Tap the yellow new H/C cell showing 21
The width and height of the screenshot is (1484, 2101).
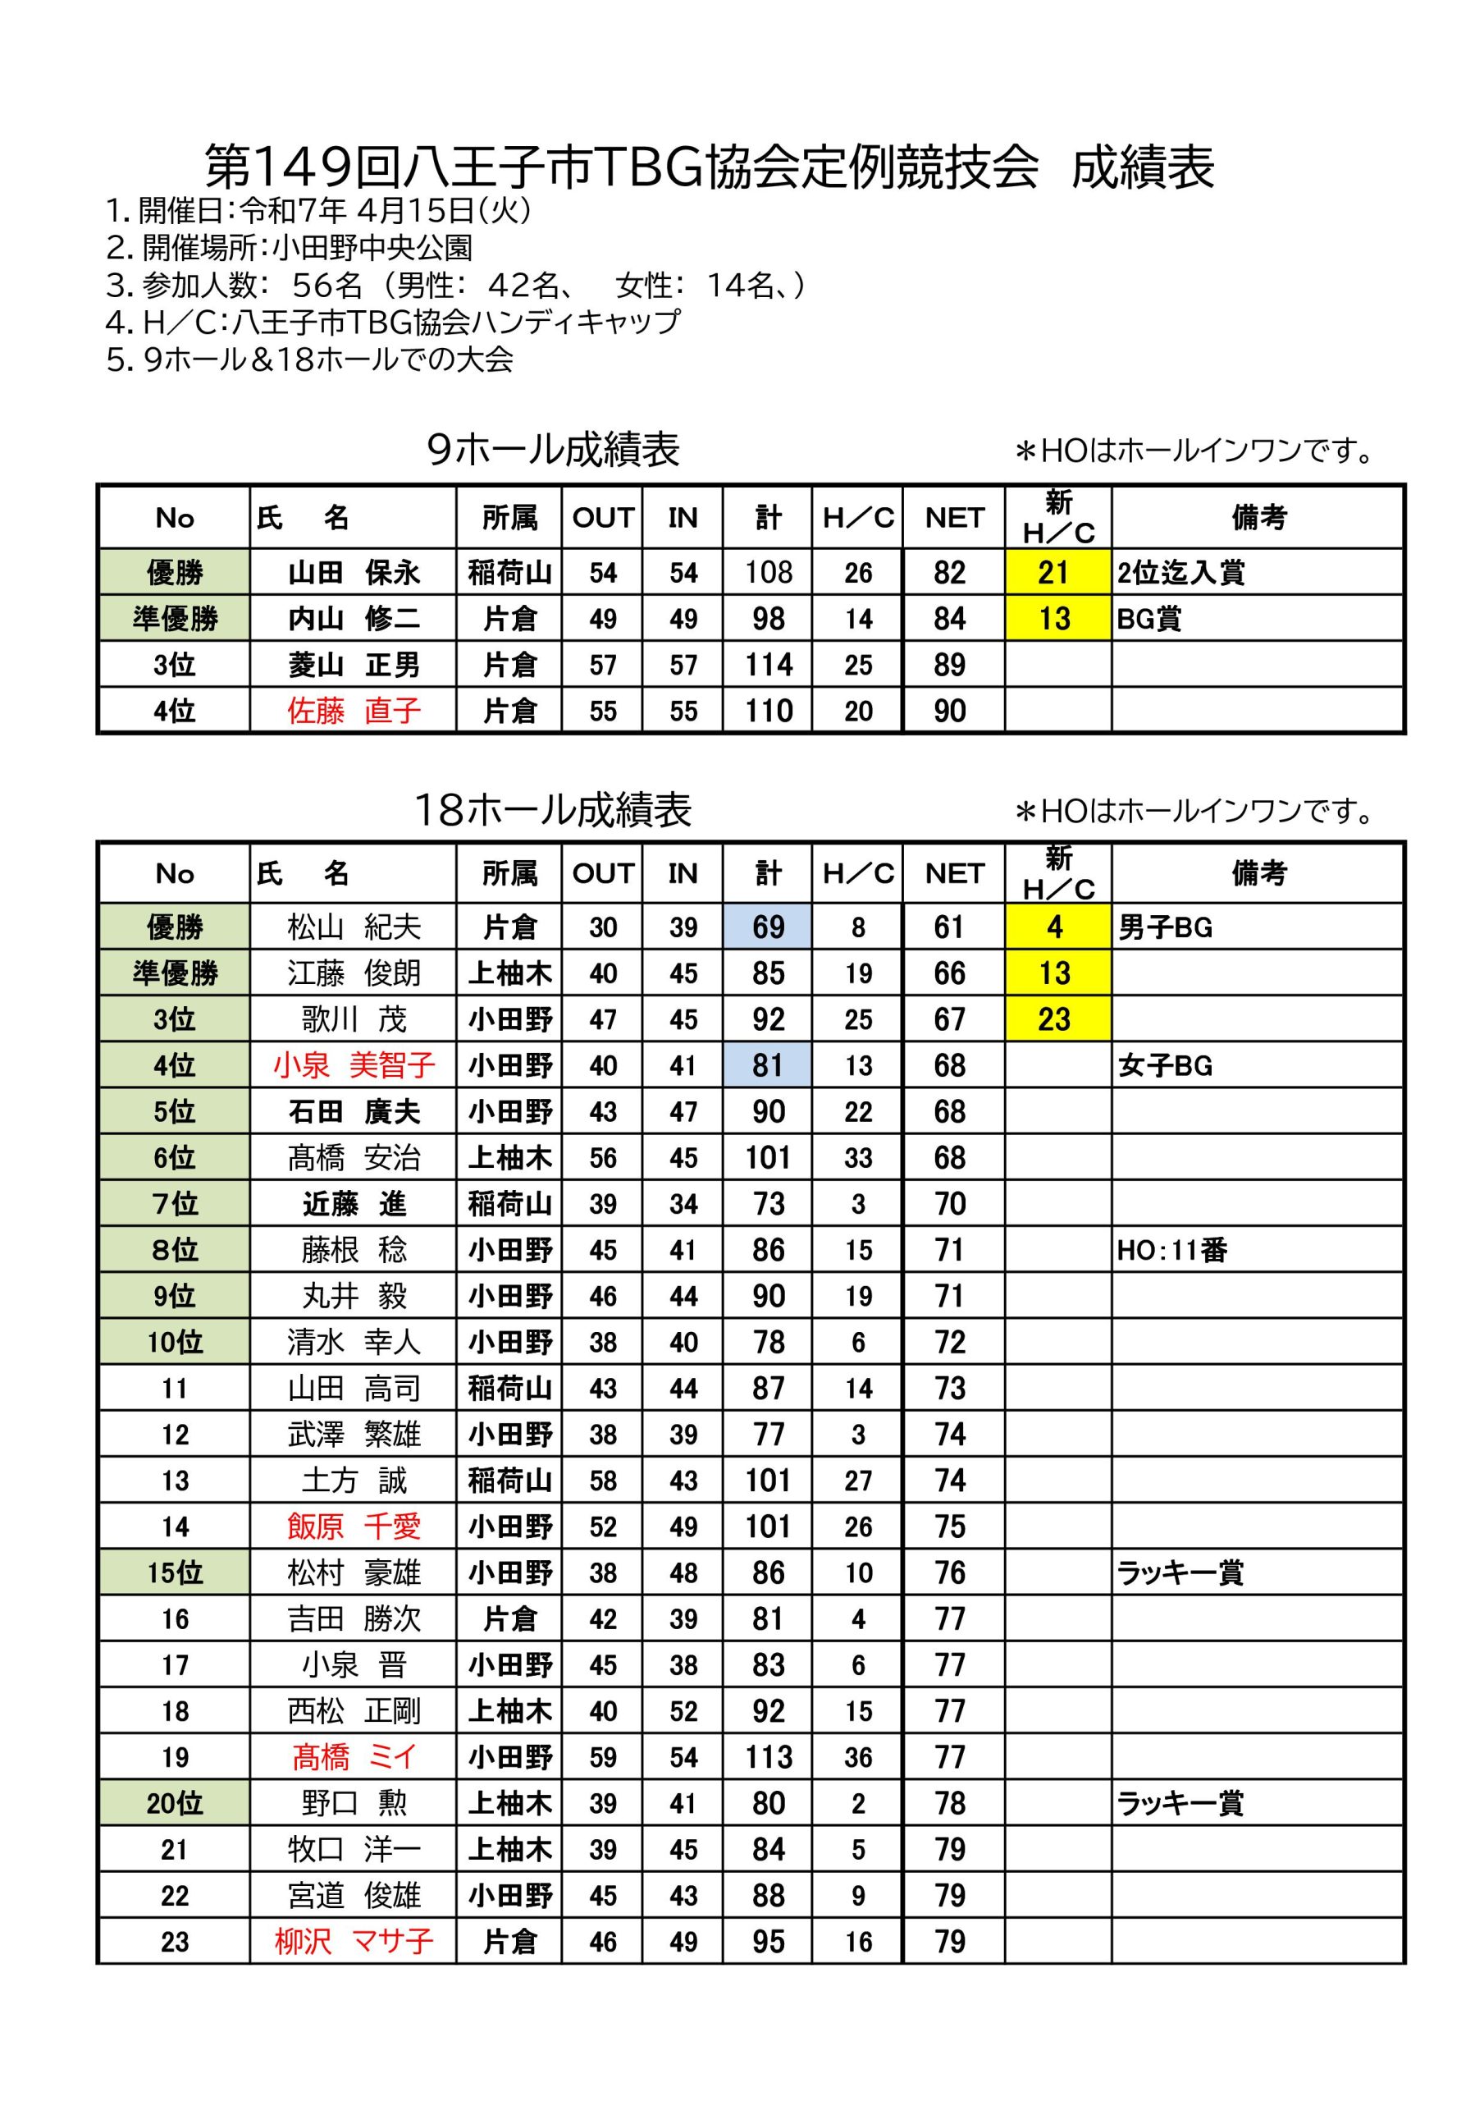point(1053,573)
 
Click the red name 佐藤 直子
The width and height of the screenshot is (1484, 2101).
point(354,711)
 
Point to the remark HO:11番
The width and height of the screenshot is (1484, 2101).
point(1172,1250)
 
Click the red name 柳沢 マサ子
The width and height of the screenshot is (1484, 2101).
point(354,1941)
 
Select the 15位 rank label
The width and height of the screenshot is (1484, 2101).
point(174,1573)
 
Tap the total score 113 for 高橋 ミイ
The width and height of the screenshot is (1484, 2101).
point(768,1757)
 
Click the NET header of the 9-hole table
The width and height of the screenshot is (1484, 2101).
point(953,518)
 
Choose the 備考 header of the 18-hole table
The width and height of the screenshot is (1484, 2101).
point(1258,874)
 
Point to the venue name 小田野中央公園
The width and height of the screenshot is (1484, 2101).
point(372,248)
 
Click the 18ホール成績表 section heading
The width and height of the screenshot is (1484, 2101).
point(553,810)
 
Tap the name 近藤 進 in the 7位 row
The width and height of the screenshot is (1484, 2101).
point(354,1204)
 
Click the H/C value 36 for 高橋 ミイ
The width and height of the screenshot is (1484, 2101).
point(857,1757)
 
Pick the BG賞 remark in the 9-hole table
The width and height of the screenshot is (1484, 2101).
point(1149,620)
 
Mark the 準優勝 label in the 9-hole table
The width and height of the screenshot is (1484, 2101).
point(174,620)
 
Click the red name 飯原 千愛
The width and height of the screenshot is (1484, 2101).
point(354,1527)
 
